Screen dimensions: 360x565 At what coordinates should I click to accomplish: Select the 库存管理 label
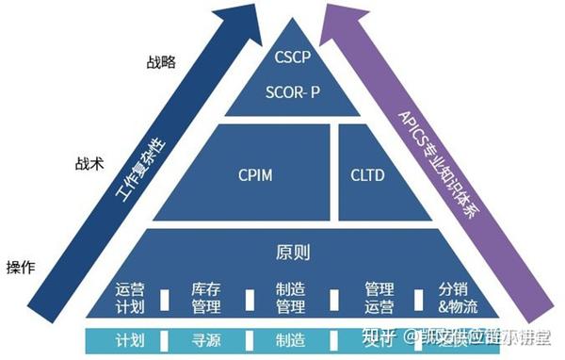[205, 298]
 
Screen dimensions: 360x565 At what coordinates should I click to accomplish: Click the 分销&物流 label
[458, 298]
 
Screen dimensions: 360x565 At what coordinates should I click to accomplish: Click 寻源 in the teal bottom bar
[205, 338]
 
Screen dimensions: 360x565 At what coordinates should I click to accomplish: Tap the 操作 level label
[21, 267]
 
